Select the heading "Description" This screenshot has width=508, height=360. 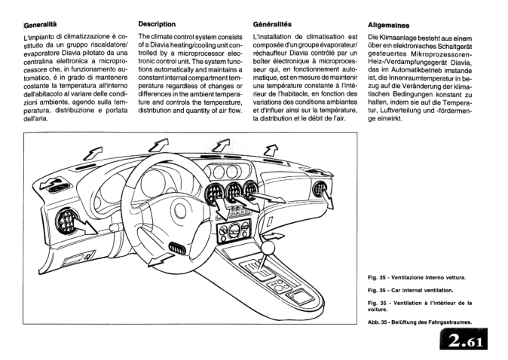click(158, 24)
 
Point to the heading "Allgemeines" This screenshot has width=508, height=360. click(389, 25)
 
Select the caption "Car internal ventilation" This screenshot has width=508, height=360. click(411, 290)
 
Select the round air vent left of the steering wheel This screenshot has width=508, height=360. click(69, 219)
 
